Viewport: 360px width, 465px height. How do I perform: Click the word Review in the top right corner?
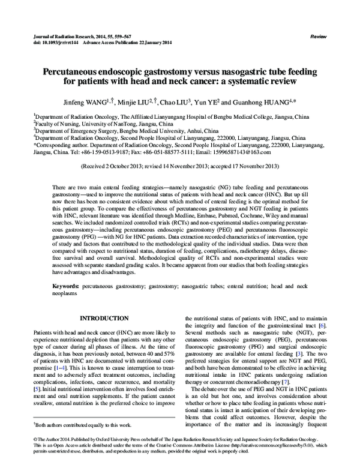(x=318, y=37)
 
